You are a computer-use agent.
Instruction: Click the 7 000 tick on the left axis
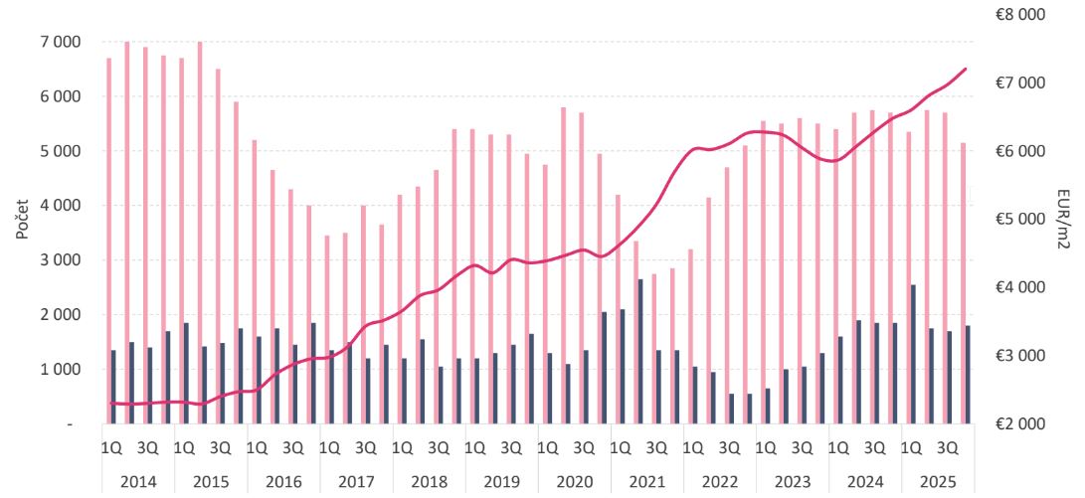pyautogui.click(x=60, y=43)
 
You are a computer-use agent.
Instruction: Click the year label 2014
pyautogui.click(x=137, y=482)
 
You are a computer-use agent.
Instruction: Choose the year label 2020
pyautogui.click(x=574, y=482)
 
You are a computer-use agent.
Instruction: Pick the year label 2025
pyautogui.click(x=938, y=482)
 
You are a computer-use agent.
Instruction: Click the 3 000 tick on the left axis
pyautogui.click(x=60, y=260)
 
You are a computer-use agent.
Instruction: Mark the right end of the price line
pyautogui.click(x=966, y=69)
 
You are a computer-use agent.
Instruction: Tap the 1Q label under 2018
pyautogui.click(x=402, y=447)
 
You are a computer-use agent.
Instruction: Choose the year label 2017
pyautogui.click(x=356, y=482)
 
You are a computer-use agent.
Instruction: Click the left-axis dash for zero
pyautogui.click(x=70, y=424)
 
